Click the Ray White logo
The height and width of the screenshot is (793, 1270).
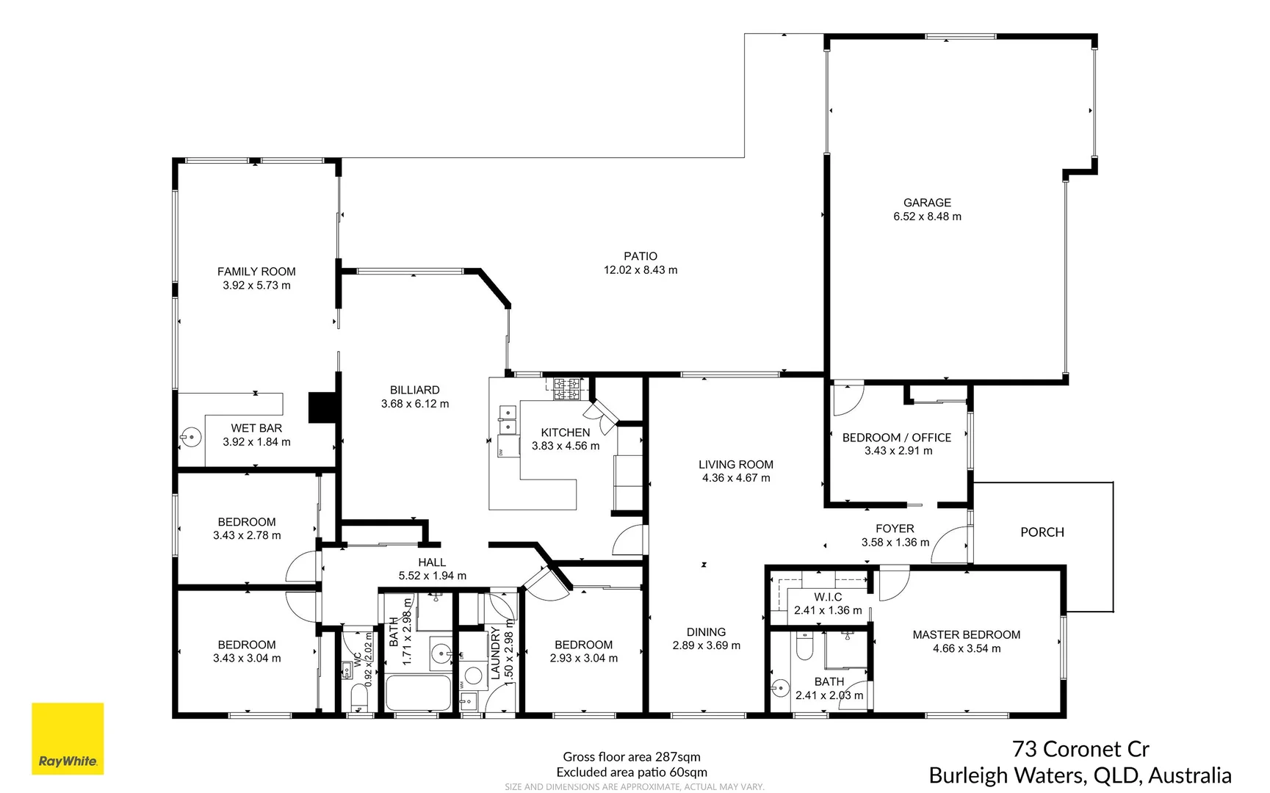point(68,739)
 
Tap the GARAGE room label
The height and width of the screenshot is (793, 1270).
point(927,203)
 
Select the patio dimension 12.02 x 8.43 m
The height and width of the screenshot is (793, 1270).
point(641,270)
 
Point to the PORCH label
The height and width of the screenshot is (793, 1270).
point(1042,532)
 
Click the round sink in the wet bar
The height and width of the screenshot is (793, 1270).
point(191,438)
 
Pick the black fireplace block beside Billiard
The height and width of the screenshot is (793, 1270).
point(322,408)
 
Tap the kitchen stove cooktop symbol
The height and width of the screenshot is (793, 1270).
point(566,388)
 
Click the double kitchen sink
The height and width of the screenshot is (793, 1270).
point(507,420)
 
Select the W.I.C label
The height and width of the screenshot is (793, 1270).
point(828,597)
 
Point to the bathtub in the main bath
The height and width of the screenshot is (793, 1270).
point(418,692)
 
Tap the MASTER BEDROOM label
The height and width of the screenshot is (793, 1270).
point(966,635)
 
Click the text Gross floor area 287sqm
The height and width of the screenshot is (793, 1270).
point(632,757)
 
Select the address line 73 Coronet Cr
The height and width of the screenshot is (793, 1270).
point(1080,749)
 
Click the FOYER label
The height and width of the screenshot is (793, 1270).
point(895,529)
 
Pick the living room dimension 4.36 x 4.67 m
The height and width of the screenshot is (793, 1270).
point(736,478)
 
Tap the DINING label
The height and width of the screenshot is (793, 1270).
point(706,632)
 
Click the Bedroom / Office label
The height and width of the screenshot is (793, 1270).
point(896,438)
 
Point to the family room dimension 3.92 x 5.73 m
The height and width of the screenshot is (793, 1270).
point(256,286)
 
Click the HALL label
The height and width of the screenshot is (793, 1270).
point(432,562)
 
